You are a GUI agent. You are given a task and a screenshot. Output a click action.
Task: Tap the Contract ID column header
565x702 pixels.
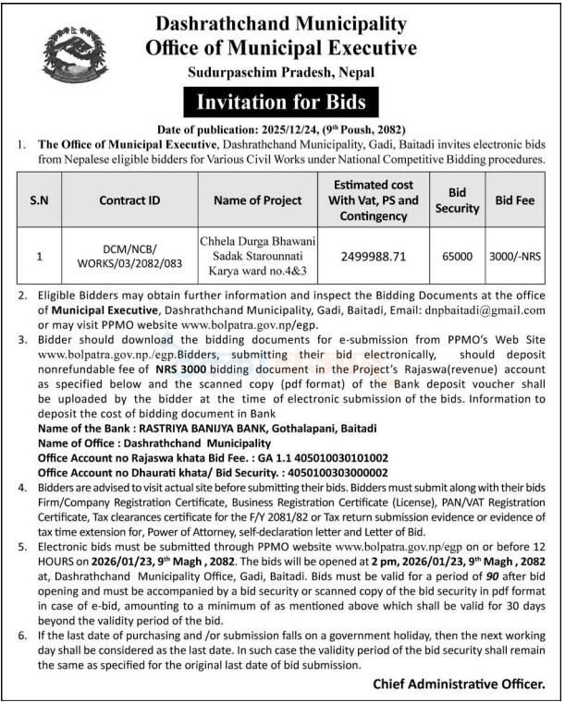click(129, 200)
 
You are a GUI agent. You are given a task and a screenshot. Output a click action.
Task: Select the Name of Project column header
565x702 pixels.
click(257, 200)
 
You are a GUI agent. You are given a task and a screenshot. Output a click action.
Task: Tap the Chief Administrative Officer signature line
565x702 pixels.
click(458, 684)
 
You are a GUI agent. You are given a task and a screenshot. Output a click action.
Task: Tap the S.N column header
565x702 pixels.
click(39, 200)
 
